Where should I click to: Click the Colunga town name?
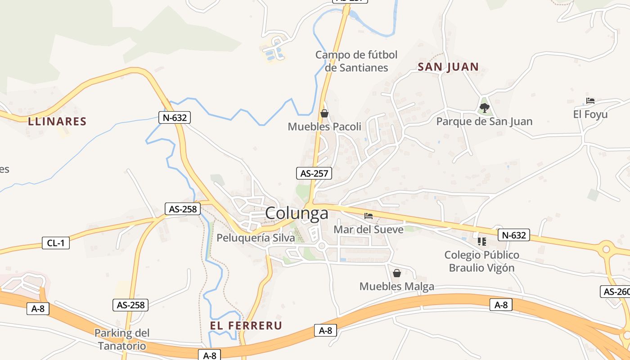[297, 213]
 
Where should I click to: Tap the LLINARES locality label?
[57, 121]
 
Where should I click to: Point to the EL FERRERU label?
[246, 325]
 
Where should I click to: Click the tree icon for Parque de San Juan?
[484, 108]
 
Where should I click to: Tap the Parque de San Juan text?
[484, 121]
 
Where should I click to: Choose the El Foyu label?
[590, 114]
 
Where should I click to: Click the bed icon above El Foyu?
[590, 101]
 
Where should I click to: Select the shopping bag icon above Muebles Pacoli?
[324, 113]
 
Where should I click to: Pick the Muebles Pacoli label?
[324, 127]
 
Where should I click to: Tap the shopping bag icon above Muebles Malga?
[396, 273]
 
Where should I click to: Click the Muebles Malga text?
[397, 286]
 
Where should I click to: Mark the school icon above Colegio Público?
[482, 242]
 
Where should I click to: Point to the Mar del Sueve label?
[369, 229]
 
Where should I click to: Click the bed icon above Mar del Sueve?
[369, 216]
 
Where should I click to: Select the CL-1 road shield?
[56, 243]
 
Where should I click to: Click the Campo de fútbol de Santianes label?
[356, 61]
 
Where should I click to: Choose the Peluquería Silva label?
[256, 238]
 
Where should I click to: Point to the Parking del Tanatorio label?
[122, 339]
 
